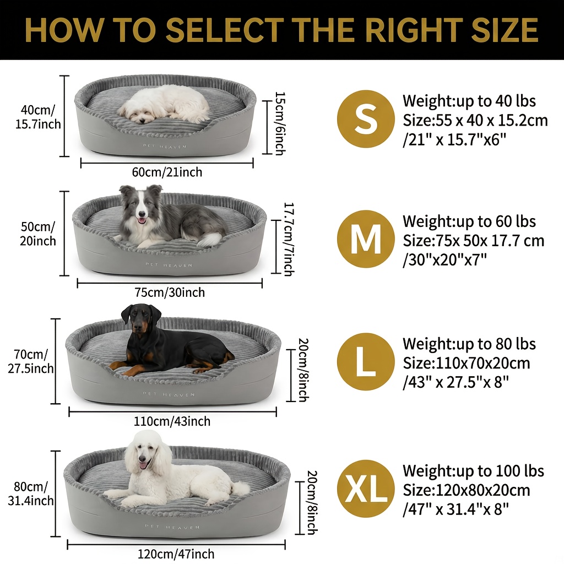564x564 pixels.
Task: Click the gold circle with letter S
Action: point(366,119)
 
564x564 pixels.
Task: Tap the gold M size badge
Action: point(366,239)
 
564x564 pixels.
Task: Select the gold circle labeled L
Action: point(366,362)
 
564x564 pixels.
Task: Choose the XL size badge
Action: point(366,489)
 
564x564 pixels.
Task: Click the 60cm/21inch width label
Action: point(167,172)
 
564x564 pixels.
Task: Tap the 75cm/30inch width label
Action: point(170,292)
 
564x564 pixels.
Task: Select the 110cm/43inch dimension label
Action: point(172,421)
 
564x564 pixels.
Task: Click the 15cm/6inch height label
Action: point(280,123)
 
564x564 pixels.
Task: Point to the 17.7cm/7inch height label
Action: point(289,239)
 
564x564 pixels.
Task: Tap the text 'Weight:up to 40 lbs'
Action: point(469,101)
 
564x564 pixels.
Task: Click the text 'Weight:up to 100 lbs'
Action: point(473,471)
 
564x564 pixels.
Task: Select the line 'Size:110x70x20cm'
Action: point(466,364)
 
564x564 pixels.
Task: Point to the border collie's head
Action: point(141,204)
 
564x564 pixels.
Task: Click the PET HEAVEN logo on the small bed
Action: point(165,147)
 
